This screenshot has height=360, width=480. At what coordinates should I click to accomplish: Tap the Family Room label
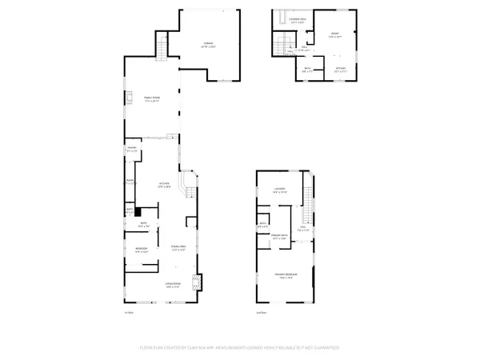click(152, 100)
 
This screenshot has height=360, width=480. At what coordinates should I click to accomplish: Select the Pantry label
click(132, 149)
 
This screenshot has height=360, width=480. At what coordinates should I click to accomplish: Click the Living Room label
click(172, 285)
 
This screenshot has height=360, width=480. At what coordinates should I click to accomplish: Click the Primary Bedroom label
click(286, 275)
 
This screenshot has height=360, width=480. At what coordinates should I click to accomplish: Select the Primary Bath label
click(279, 238)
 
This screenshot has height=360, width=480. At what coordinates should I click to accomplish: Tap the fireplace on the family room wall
click(126, 99)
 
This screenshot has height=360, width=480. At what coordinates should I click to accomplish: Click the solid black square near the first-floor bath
click(138, 212)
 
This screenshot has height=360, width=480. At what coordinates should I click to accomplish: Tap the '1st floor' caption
click(127, 313)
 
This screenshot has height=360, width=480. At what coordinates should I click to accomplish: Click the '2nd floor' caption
click(261, 313)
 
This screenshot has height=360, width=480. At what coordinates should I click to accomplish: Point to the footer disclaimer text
click(240, 348)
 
